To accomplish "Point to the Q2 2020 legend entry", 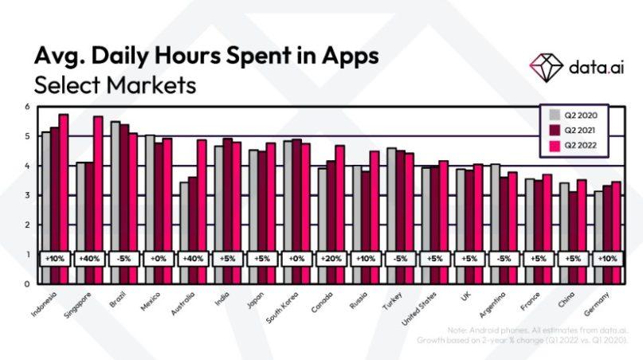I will (x=573, y=116).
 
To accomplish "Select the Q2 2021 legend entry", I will (x=573, y=131).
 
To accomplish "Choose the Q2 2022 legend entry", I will (x=573, y=145).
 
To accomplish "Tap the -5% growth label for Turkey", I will (x=399, y=259).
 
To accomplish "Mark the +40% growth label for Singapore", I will (x=90, y=259).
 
